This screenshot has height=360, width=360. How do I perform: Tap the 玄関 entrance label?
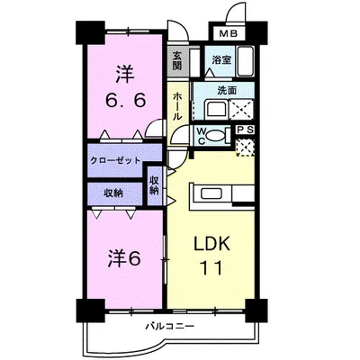177,60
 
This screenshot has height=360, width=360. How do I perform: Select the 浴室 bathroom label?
221,60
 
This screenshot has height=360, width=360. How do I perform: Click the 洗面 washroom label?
226,91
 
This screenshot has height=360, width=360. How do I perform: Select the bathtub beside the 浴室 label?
247,65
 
